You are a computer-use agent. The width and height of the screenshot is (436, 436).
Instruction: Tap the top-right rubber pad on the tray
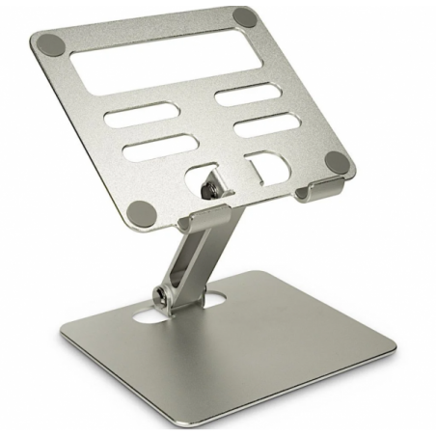[x=247, y=17]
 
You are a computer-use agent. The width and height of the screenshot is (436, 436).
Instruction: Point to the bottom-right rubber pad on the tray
[x=335, y=161]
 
